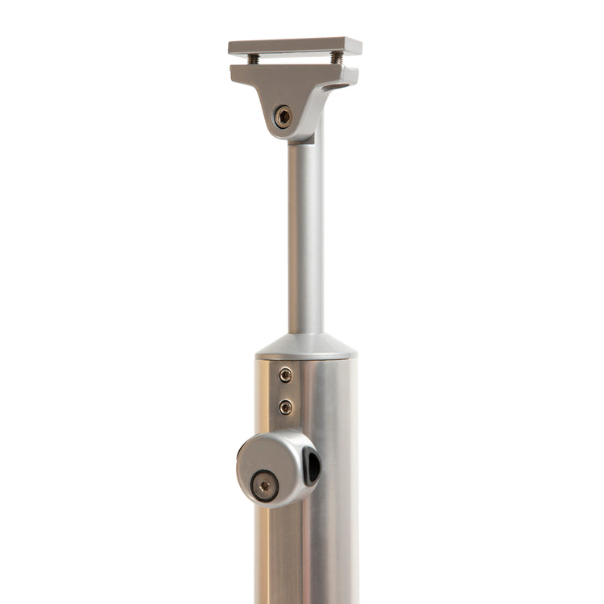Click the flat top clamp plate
pyautogui.click(x=294, y=47)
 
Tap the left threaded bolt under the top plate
pyautogui.click(x=253, y=59)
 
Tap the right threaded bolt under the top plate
pyautogui.click(x=336, y=58)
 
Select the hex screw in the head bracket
pyautogui.click(x=283, y=116)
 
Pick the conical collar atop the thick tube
pyautogui.click(x=306, y=346)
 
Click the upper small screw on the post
pyautogui.click(x=286, y=374)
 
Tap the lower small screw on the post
pyautogui.click(x=286, y=407)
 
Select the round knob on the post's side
pyautogui.click(x=274, y=467)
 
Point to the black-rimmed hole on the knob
pyautogui.click(x=311, y=465)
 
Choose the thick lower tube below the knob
pyautogui.click(x=306, y=556)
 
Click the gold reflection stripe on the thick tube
pyautogui.click(x=265, y=556)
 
